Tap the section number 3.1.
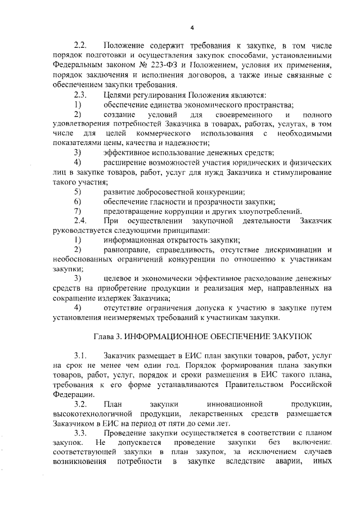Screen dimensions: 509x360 pyautogui.click(x=82, y=357)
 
